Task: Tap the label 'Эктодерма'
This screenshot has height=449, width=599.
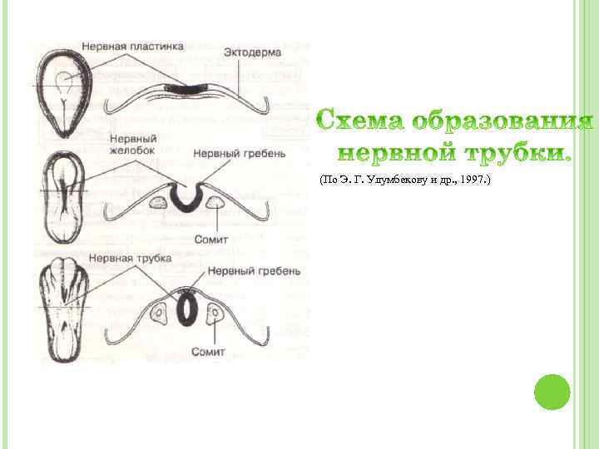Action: click(252, 53)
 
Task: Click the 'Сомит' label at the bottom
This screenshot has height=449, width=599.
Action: click(208, 352)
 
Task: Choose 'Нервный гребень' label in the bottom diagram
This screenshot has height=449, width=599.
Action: click(247, 271)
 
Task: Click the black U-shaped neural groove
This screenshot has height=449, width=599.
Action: click(190, 197)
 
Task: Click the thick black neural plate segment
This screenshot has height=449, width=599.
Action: click(188, 86)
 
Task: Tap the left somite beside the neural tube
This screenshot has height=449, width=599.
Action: click(160, 312)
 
